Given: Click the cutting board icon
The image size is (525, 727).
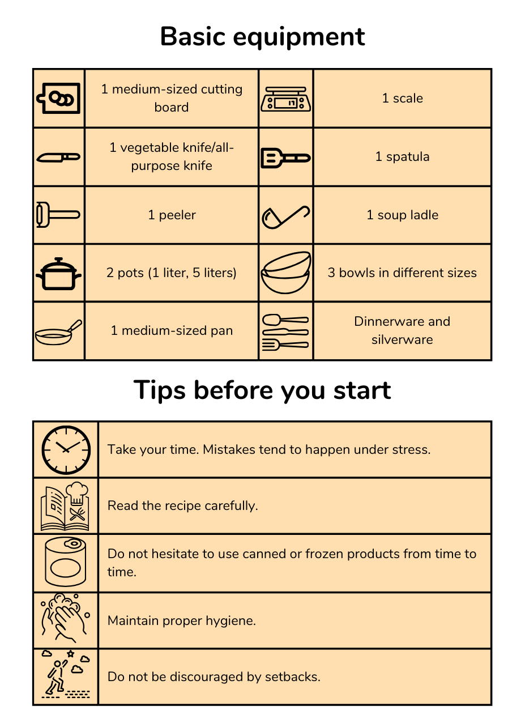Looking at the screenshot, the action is [59, 98].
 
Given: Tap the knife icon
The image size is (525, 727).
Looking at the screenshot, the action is [58, 158].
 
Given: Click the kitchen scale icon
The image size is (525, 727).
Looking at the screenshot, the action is [285, 99].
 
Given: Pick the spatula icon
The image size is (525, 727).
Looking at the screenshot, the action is [285, 158].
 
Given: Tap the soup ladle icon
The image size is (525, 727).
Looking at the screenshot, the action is [285, 217].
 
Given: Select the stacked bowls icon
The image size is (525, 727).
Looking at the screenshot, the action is [285, 273].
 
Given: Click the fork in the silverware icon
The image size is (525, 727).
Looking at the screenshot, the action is [285, 345].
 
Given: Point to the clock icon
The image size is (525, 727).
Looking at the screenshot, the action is [66, 450].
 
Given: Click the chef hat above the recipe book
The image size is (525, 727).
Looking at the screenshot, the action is [77, 493].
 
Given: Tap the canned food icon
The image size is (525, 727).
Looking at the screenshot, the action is [66, 562].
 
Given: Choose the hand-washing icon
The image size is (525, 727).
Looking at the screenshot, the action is [65, 618].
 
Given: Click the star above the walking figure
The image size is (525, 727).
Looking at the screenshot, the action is [70, 653].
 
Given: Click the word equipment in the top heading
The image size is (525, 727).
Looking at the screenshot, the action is [299, 37].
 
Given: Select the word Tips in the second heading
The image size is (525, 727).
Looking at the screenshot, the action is [160, 390].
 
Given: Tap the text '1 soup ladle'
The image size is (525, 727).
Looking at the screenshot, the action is [402, 215].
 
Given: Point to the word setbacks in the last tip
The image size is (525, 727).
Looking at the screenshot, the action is [293, 677].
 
